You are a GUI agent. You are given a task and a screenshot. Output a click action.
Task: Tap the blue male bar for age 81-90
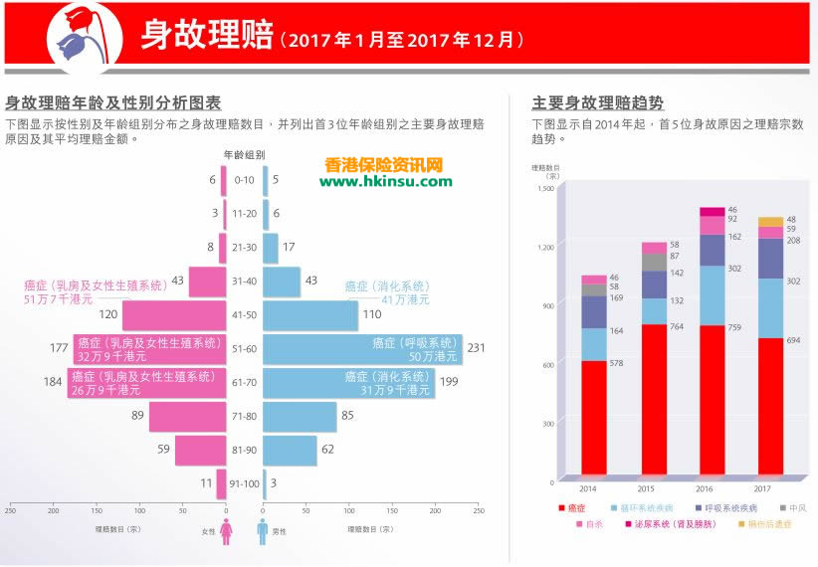click(290, 451)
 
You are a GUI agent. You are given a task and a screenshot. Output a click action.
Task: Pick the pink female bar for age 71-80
click(188, 417)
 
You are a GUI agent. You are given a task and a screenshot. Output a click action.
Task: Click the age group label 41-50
click(244, 315)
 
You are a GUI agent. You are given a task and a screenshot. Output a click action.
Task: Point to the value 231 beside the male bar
click(478, 348)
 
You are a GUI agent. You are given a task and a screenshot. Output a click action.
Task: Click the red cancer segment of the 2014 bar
click(594, 418)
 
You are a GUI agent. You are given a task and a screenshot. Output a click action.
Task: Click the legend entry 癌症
click(576, 508)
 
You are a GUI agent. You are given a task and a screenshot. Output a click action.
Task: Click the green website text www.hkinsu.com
click(385, 181)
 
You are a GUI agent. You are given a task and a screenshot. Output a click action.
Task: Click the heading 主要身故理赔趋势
click(597, 102)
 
